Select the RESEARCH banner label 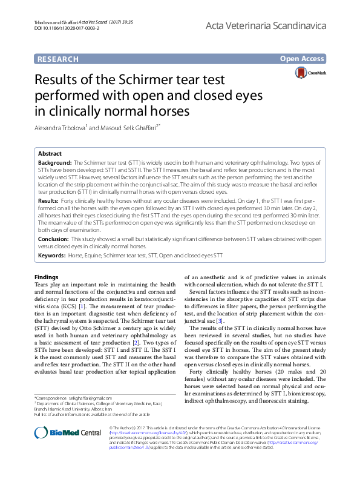tap(58, 59)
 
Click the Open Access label tap(303, 59)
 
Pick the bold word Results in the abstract tap(48, 200)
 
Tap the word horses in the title tap(172, 111)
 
